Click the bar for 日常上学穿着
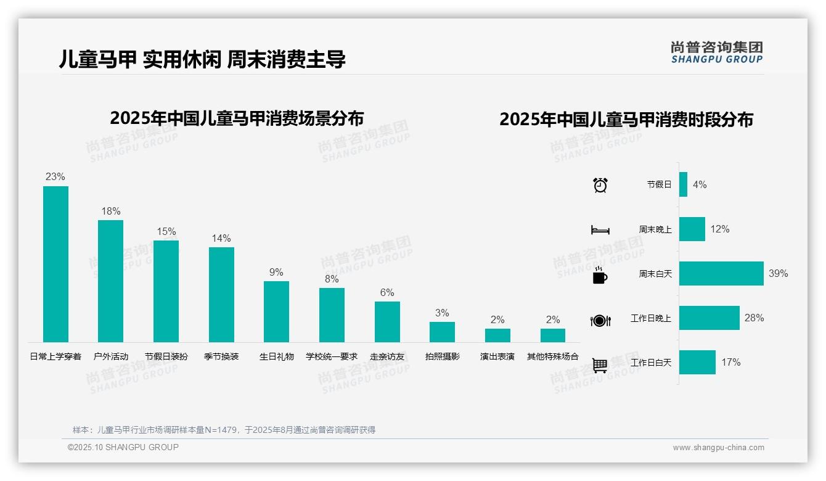[x=55, y=264]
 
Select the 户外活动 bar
[x=110, y=281]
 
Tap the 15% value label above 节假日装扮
[x=166, y=232]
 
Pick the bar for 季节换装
[x=221, y=294]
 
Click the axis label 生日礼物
[x=276, y=356]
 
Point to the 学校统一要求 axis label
[x=332, y=356]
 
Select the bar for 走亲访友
[x=387, y=321]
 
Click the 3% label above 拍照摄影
[x=442, y=313]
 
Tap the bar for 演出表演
[x=497, y=335]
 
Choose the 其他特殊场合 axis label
[x=553, y=356]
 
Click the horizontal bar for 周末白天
[x=721, y=273]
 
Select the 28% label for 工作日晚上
[x=754, y=318]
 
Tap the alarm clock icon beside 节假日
[x=600, y=185]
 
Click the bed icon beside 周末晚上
[x=600, y=230]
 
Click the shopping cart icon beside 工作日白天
[x=600, y=365]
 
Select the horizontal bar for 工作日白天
[x=697, y=363]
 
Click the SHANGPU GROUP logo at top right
[x=716, y=52]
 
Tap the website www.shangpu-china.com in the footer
[x=718, y=448]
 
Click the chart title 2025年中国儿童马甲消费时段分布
[x=626, y=120]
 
